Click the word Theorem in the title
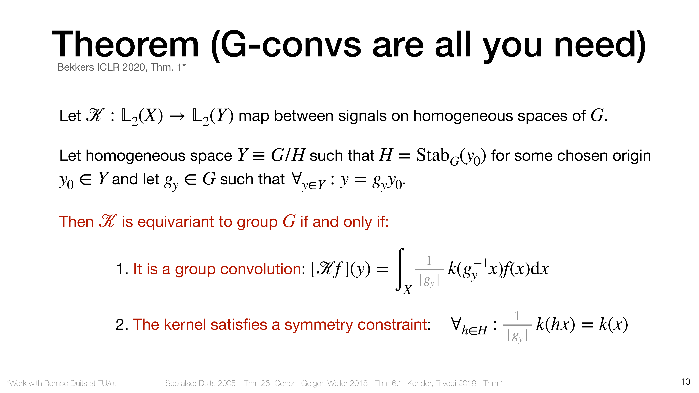125,44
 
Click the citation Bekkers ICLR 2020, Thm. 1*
121,67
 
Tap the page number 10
685,382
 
